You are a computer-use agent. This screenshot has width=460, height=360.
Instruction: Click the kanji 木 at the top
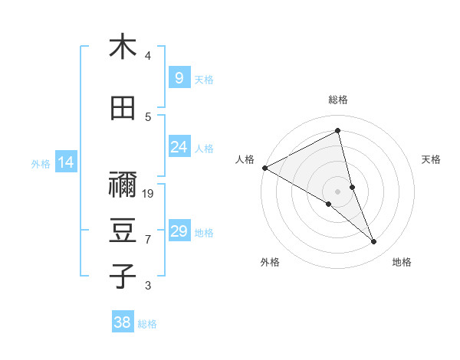coord(123,47)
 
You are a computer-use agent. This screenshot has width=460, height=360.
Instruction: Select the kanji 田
coord(123,109)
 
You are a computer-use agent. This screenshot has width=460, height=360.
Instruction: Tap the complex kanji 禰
coord(123,185)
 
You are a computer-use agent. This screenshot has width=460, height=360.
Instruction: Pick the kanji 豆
coord(123,231)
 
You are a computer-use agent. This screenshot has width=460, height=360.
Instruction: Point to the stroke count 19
coord(149,194)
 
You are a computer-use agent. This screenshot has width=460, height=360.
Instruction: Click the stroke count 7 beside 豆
coord(148,240)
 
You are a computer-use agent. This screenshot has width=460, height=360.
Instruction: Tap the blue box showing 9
coord(179,78)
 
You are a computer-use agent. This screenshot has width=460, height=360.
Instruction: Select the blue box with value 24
coord(179,147)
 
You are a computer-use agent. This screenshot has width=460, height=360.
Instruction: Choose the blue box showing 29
coord(179,231)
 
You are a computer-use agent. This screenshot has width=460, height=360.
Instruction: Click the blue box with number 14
coord(66,162)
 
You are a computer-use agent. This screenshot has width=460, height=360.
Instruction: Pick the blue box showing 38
coord(122,323)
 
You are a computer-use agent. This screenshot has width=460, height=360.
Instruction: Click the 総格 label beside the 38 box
coord(147,324)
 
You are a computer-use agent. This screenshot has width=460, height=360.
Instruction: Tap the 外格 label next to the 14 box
coord(40,163)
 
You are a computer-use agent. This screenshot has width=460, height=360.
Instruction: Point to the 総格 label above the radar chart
coord(338,100)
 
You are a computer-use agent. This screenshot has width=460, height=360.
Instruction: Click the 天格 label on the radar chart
coord(431,159)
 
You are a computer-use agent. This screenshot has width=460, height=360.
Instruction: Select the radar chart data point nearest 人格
coord(264,168)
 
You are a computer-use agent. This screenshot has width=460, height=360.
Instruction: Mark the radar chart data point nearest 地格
coord(374,242)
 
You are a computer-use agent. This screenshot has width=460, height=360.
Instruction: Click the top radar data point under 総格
coord(338,131)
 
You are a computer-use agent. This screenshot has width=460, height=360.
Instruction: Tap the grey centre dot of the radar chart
coord(338,191)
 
